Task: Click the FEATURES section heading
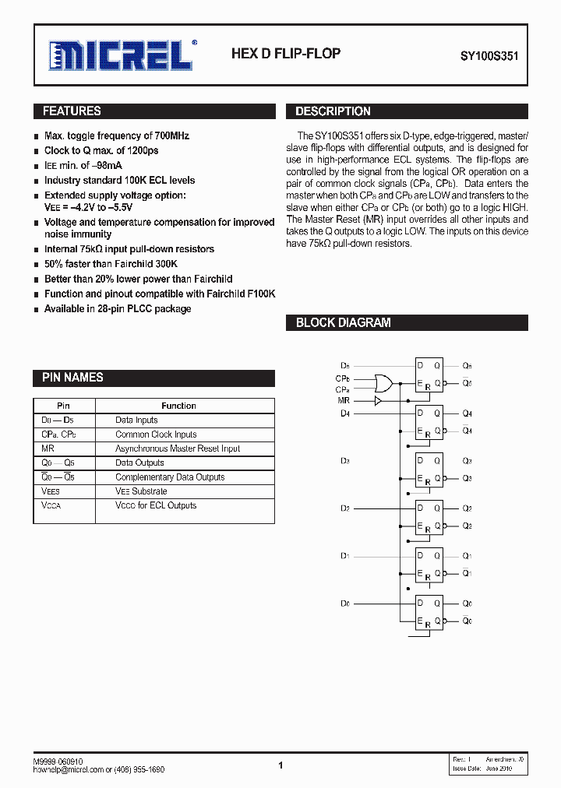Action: tap(72, 111)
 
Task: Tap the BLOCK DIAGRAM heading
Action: tap(343, 322)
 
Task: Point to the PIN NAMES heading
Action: tap(72, 378)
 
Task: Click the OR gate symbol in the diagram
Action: tap(383, 383)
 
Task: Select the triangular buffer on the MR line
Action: tap(379, 400)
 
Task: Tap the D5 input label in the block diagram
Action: tap(345, 365)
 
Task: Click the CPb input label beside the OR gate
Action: tap(343, 378)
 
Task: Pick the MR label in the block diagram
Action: tap(344, 400)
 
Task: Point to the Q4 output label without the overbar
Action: tap(467, 413)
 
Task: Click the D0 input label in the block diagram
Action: tap(345, 603)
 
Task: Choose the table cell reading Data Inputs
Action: tap(136, 420)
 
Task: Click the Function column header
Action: tap(178, 406)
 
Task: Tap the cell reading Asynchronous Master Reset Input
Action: tap(178, 449)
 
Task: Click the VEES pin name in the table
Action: tap(50, 491)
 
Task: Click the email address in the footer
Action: tap(75, 769)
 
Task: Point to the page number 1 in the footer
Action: tap(280, 766)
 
